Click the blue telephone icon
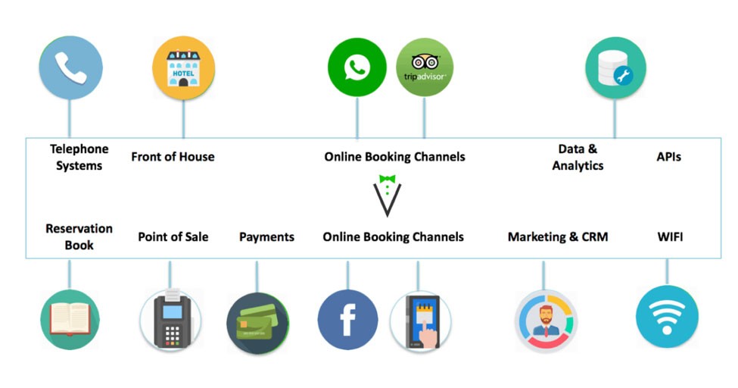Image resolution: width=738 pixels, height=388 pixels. coord(70,68)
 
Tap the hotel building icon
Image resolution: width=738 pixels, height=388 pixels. coord(184,68)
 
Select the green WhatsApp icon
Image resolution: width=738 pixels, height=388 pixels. coord(357,67)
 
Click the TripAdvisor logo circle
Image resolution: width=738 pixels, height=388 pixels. coord(425,67)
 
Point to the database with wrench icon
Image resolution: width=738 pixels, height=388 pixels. coord(615,68)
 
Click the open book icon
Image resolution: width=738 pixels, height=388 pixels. coord(70,320)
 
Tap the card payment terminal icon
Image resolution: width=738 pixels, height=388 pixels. coord(171,320)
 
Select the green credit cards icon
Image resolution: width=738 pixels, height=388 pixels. coord(257,323)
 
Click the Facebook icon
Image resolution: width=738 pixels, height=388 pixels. coord(348,320)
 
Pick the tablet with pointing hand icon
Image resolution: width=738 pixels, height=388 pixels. coord(421,321)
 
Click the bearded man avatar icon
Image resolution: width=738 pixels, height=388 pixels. coord(546,321)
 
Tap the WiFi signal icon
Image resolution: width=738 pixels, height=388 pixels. coord(667,317)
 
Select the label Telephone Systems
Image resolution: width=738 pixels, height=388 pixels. coord(79,158)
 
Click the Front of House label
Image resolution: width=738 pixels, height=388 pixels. coord(173,157)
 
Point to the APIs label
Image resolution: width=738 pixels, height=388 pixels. coord(669,157)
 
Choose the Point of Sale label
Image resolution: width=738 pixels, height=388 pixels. coord(173,236)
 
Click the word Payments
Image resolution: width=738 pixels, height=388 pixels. coord(267,236)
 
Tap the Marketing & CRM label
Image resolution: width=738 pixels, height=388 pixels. coord(558,236)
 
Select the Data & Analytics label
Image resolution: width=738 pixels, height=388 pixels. coord(578,158)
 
